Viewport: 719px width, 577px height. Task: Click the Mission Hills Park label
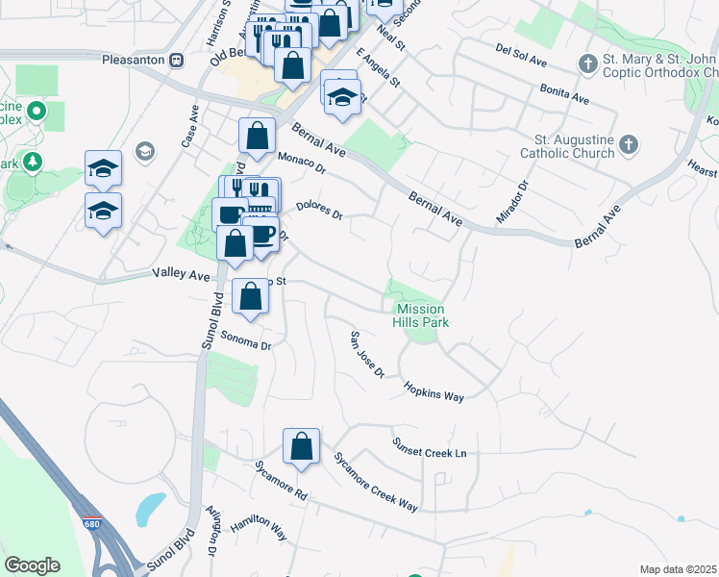tap(420, 315)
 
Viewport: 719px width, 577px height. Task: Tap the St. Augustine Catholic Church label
tap(566, 145)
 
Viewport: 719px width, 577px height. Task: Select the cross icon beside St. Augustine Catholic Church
tap(628, 145)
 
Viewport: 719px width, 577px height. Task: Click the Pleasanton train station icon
tap(176, 60)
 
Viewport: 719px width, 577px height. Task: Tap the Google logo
tap(32, 565)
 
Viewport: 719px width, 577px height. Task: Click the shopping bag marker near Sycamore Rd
tap(301, 446)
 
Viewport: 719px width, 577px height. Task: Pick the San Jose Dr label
tap(366, 354)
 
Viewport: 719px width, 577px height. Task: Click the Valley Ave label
tap(181, 274)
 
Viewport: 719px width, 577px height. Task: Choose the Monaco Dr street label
tap(302, 163)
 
